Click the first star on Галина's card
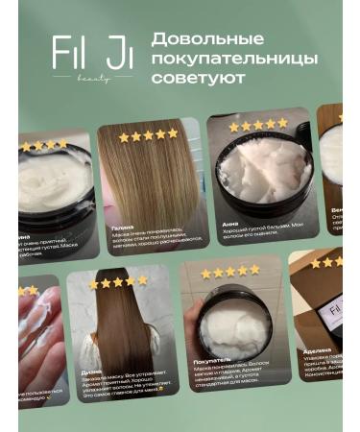click(124, 136)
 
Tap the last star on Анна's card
click(282, 124)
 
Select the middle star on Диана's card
click(119, 282)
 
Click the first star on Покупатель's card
click(205, 275)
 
